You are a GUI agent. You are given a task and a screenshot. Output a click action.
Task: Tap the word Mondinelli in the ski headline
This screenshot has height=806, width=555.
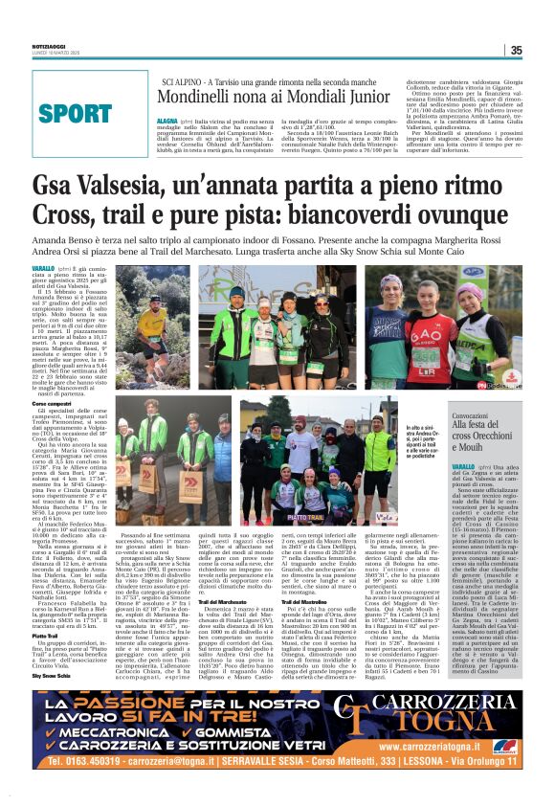197,97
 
